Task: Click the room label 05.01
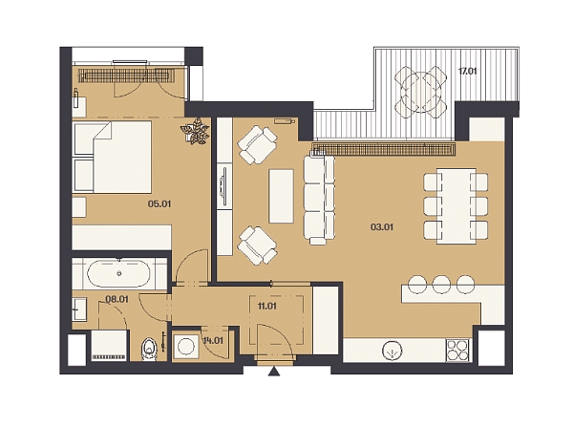click(x=159, y=203)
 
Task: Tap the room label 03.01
click(x=382, y=227)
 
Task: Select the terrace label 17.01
click(x=467, y=71)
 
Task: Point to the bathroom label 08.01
click(x=117, y=299)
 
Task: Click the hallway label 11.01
click(x=266, y=306)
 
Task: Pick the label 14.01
click(x=213, y=341)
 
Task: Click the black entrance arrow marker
click(x=274, y=372)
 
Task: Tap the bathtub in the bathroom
click(x=118, y=273)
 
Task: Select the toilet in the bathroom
click(x=149, y=349)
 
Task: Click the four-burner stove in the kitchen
click(x=457, y=351)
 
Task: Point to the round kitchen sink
click(x=393, y=351)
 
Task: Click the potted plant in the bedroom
click(x=195, y=131)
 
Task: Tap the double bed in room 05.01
click(x=113, y=158)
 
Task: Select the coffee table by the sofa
click(x=281, y=196)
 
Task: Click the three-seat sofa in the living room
click(x=319, y=200)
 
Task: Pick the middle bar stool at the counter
click(x=441, y=284)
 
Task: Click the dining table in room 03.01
click(x=456, y=205)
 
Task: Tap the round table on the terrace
click(x=421, y=92)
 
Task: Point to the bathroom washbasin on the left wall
click(x=79, y=310)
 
